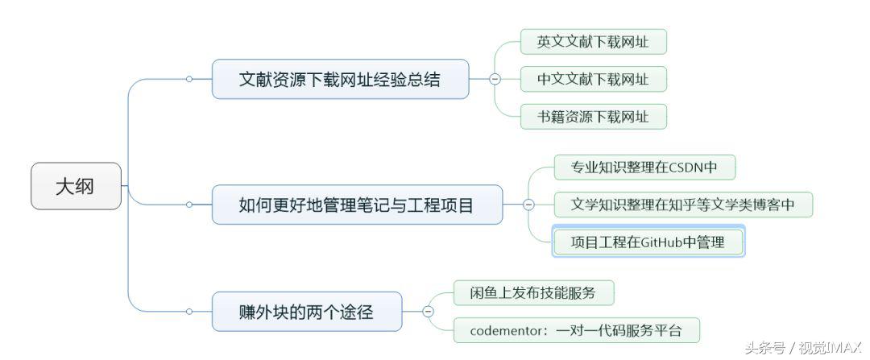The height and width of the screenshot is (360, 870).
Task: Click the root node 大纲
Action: pyautogui.click(x=76, y=186)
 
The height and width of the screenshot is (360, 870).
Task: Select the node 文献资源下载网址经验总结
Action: pyautogui.click(x=340, y=79)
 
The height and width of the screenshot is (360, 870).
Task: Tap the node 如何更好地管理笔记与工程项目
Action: pyautogui.click(x=356, y=205)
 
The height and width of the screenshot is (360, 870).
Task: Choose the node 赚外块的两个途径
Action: pyautogui.click(x=306, y=312)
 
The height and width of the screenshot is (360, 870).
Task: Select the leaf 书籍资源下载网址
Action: pyautogui.click(x=593, y=116)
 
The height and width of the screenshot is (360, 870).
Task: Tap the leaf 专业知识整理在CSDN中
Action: pyautogui.click(x=644, y=168)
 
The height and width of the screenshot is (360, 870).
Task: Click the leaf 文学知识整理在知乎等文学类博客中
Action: pyautogui.click(x=683, y=205)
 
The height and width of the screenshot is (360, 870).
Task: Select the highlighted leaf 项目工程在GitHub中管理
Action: pyautogui.click(x=648, y=242)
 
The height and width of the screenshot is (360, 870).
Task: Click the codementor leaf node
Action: pyautogui.click(x=574, y=330)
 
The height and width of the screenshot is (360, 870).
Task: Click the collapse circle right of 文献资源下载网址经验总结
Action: pyautogui.click(x=495, y=79)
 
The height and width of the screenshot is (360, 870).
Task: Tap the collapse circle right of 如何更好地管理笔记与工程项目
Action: pyautogui.click(x=528, y=205)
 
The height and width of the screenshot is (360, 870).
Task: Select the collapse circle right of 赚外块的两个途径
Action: pyautogui.click(x=428, y=312)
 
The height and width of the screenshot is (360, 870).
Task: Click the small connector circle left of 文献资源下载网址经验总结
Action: pyautogui.click(x=188, y=79)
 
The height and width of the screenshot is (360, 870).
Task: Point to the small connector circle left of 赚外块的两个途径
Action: pyautogui.click(x=188, y=312)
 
